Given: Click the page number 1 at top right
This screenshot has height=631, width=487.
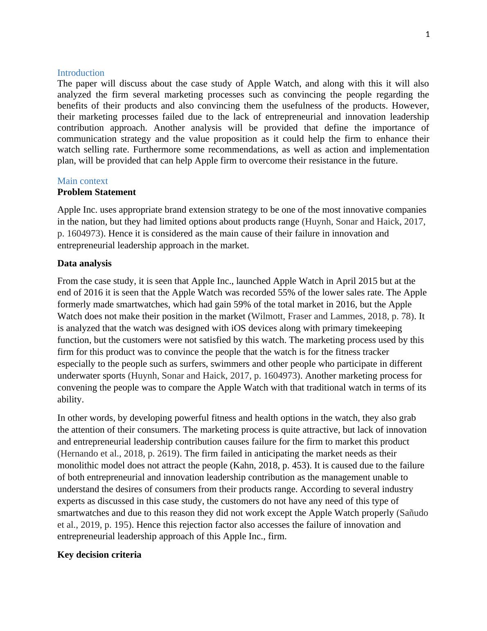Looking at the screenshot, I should [428, 35].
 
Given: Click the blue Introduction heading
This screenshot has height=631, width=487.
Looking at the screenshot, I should [81, 73].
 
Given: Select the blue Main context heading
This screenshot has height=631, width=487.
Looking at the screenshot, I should [82, 181].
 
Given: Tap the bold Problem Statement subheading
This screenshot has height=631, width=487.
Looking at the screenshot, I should [97, 192].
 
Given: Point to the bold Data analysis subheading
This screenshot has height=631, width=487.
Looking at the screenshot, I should [84, 263].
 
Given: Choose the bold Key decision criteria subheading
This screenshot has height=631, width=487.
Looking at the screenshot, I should [99, 555].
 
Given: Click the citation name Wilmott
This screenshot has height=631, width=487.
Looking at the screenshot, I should [267, 316].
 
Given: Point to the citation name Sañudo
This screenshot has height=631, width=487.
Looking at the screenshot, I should [414, 513].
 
